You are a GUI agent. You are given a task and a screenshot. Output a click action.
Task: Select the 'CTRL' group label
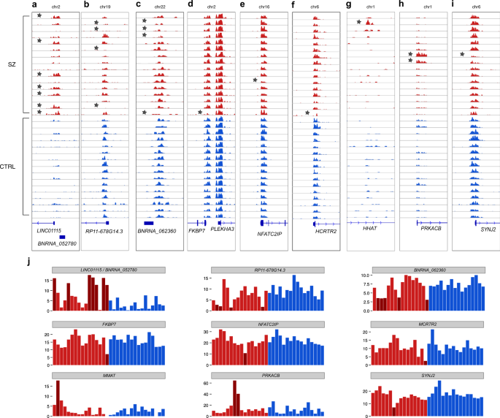10,167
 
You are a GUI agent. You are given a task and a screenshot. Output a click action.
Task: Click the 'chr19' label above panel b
105,6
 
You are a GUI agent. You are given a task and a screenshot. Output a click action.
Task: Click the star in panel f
307,113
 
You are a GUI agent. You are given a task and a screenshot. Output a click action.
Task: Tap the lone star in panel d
200,112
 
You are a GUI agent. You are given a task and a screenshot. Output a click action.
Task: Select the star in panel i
462,54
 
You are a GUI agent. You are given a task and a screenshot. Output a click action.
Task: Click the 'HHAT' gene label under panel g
371,229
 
